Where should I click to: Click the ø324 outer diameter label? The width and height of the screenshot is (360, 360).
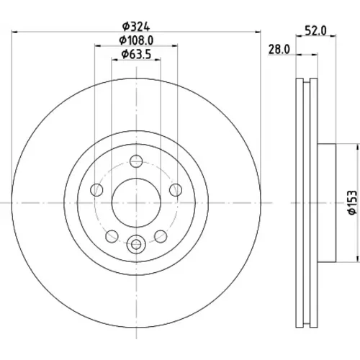[x=136, y=27]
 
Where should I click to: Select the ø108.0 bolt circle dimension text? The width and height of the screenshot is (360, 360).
[x=136, y=40]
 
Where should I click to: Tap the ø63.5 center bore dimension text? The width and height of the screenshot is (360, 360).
[x=136, y=54]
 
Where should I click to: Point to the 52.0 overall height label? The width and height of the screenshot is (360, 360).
[x=315, y=31]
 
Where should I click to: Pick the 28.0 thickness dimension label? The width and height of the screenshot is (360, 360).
[x=279, y=50]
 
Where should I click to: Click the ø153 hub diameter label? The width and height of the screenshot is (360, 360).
[x=353, y=203]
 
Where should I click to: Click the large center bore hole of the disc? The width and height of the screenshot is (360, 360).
[x=136, y=203]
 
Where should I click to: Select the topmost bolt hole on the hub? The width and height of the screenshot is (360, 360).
[x=136, y=161]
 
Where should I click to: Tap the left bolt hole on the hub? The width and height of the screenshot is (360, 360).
[x=96, y=190]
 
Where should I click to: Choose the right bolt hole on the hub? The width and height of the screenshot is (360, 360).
[x=176, y=190]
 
